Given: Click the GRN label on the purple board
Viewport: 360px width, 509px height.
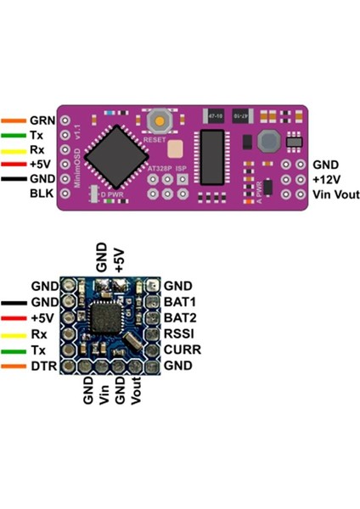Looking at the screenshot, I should point(42,121).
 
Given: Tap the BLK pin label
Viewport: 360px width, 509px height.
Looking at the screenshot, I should point(41,194).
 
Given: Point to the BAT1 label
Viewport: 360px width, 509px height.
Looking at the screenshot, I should point(179,301).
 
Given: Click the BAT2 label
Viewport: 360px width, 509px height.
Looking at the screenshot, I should point(179,317).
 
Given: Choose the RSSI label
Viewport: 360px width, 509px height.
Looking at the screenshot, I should point(179,333).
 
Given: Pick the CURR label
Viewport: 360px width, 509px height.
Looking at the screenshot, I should point(181,350).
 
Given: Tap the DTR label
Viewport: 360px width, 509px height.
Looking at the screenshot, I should point(42,366).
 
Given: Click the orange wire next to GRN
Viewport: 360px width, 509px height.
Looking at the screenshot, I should point(14,121).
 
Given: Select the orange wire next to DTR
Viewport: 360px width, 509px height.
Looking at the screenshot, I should point(14,366).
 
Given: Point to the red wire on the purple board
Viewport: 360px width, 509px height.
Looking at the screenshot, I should point(14,165).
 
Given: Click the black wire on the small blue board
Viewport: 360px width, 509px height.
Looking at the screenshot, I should point(14,301).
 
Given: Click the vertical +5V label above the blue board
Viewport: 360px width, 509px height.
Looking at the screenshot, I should point(120,258).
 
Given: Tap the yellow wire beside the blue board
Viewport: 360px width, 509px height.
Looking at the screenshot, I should point(14,333).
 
